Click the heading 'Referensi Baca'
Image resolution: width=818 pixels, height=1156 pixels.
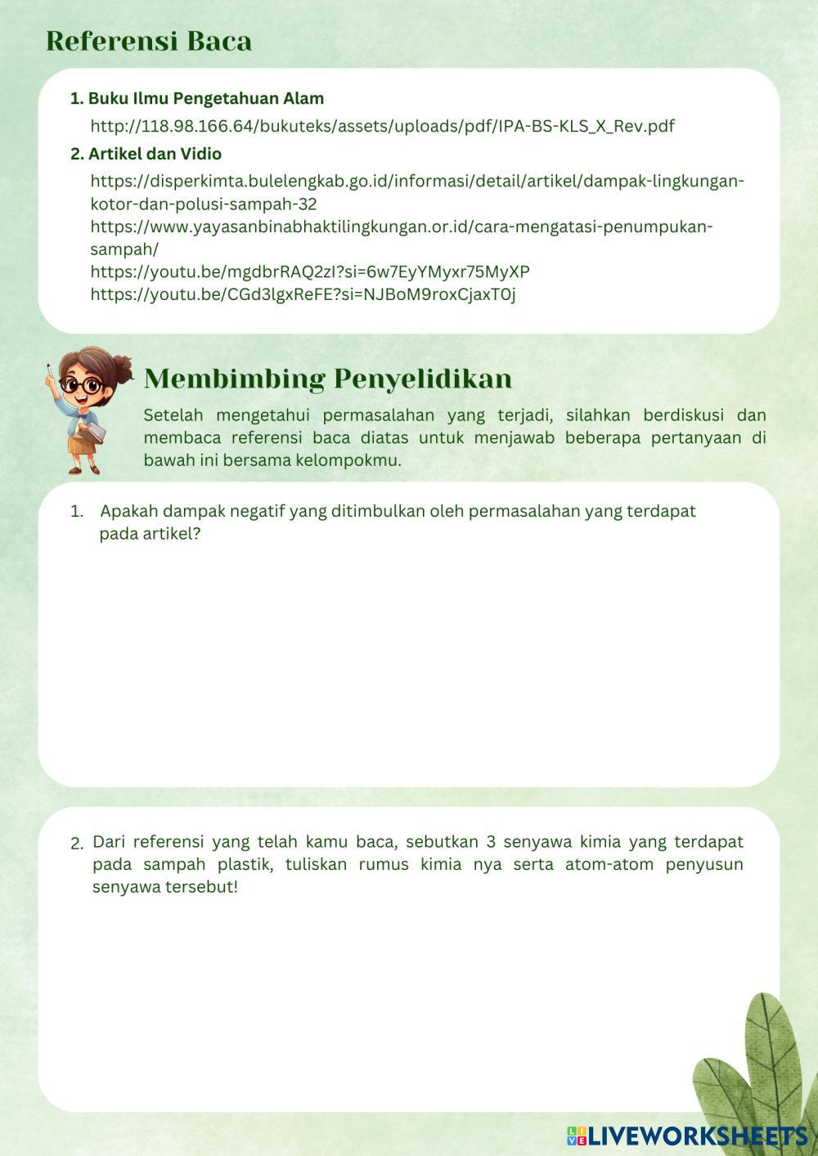click(149, 41)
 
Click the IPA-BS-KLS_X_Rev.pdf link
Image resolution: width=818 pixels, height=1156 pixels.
click(382, 126)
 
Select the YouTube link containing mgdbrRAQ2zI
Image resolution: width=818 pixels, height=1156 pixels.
click(310, 271)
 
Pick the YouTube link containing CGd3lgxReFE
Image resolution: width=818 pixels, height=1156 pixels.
click(303, 294)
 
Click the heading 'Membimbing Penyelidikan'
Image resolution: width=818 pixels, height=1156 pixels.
click(328, 379)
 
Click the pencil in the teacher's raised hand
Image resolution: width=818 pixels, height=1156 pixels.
click(50, 374)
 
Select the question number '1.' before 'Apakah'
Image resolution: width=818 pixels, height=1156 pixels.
click(77, 512)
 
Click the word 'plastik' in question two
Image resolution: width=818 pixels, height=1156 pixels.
click(245, 864)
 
